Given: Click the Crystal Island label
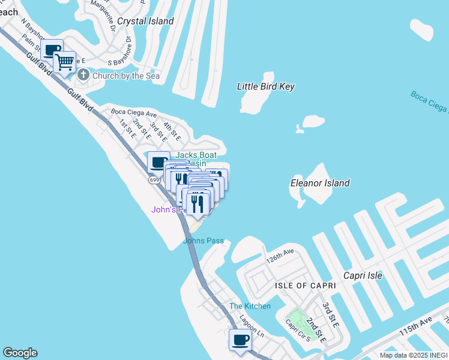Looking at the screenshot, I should click(x=145, y=21).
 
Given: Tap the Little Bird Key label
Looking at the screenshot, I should click(x=266, y=86).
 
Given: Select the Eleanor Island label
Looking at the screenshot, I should click(x=320, y=183).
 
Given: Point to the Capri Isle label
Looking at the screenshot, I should click(x=363, y=275).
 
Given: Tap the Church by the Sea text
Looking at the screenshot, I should click(x=126, y=76).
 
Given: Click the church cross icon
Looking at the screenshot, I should click(x=83, y=76).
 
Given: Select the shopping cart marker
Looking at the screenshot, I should click(x=65, y=62).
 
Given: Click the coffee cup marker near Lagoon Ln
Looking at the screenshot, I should click(x=240, y=340).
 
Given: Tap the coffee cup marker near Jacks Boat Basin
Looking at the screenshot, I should click(x=158, y=163).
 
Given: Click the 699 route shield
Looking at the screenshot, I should click(x=155, y=179).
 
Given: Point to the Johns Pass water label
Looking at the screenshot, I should click(x=203, y=241).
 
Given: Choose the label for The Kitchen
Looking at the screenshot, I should click(x=250, y=306).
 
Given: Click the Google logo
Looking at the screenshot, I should click(x=20, y=353).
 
